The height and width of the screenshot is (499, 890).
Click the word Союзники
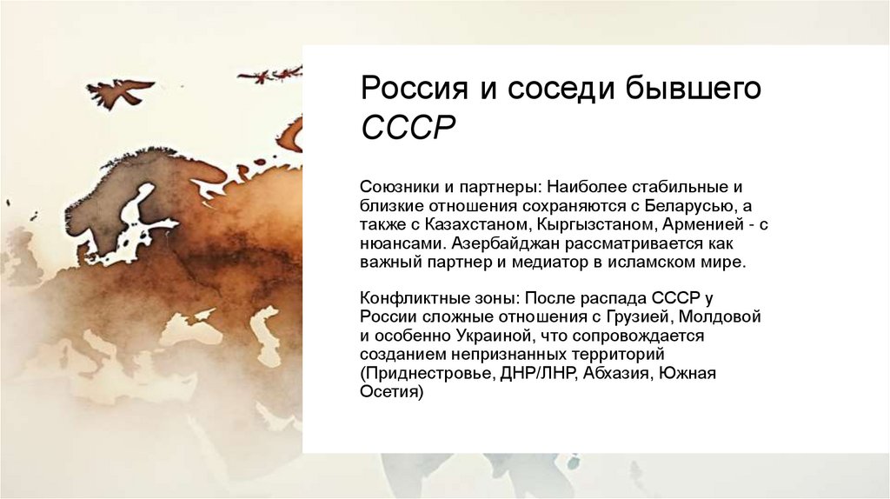point(398,188)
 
